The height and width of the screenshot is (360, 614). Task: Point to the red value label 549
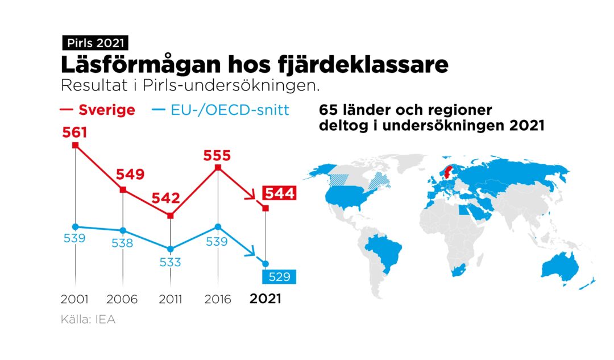(x=130, y=174)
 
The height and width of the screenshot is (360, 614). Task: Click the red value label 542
(x=165, y=198)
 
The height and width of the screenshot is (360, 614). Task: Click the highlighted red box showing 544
(x=279, y=194)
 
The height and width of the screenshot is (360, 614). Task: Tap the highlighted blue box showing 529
(x=279, y=277)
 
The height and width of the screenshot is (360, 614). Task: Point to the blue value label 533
(x=170, y=262)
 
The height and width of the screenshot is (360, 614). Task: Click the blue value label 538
(x=122, y=243)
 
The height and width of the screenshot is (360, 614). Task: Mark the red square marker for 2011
(x=171, y=216)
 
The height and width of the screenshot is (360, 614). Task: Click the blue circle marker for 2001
(x=75, y=226)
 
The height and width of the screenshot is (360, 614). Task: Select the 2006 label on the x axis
(x=123, y=299)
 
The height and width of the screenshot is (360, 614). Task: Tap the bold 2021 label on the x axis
(x=265, y=299)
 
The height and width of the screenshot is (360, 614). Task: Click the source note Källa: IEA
(x=88, y=320)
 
